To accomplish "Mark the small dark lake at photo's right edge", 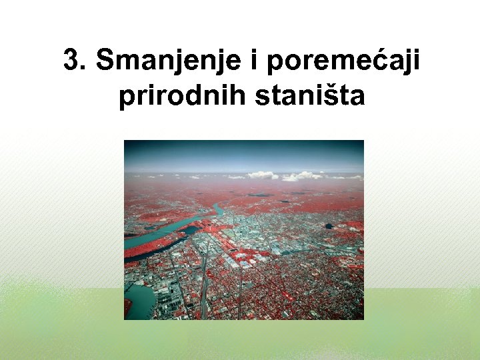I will (x=329, y=226).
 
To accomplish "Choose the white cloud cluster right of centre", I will (x=300, y=176).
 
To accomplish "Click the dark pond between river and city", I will (x=189, y=231).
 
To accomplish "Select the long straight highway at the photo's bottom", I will (x=203, y=293).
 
